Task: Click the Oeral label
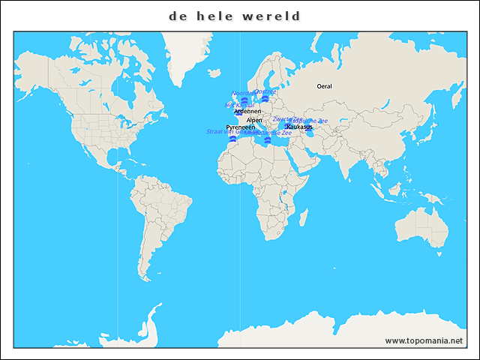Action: click(324, 86)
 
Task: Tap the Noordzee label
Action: click(241, 93)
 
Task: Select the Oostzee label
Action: click(265, 91)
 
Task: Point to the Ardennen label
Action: click(247, 111)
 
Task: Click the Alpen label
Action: click(254, 120)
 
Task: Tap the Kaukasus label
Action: click(299, 127)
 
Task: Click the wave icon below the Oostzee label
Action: click(265, 98)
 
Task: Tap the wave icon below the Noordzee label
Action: click(244, 100)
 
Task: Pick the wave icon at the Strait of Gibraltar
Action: click(233, 139)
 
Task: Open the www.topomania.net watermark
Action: click(424, 340)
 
